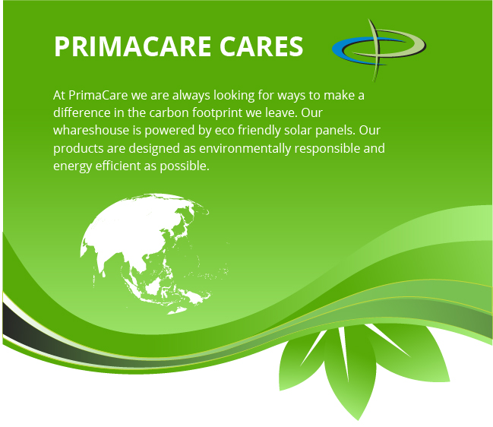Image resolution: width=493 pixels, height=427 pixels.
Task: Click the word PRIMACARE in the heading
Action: click(132, 46)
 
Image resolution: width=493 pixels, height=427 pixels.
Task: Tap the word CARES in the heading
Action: click(261, 46)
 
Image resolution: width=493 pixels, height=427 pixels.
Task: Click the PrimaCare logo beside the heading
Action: click(379, 50)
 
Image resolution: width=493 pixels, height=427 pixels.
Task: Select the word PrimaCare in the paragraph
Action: click(98, 95)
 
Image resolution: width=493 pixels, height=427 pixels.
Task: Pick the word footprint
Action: click(217, 113)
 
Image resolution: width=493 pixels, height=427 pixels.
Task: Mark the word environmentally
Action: click(245, 149)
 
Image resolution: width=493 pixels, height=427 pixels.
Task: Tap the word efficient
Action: click(118, 166)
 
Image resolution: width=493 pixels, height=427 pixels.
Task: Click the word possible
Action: click(185, 166)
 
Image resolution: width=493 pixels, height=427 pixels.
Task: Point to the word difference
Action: click(82, 112)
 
